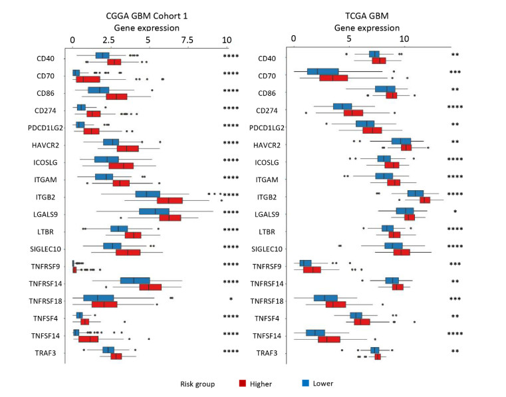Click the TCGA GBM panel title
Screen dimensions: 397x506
click(360, 16)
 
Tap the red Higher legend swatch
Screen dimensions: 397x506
click(243, 383)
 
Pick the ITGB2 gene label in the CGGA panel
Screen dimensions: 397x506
click(50, 197)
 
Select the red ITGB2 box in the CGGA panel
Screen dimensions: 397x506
click(170, 200)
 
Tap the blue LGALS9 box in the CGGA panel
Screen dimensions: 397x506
click(154, 211)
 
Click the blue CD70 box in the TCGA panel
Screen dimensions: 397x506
click(322, 71)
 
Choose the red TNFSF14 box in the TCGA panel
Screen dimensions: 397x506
click(329, 339)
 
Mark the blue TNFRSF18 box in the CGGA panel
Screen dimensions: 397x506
click(98, 298)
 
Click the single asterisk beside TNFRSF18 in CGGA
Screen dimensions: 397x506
click(231, 300)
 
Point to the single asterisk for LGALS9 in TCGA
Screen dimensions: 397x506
click(455, 212)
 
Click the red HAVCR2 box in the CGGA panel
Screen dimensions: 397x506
click(128, 148)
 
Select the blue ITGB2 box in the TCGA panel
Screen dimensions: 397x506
click(415, 193)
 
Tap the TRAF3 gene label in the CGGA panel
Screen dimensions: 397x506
click(50, 353)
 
